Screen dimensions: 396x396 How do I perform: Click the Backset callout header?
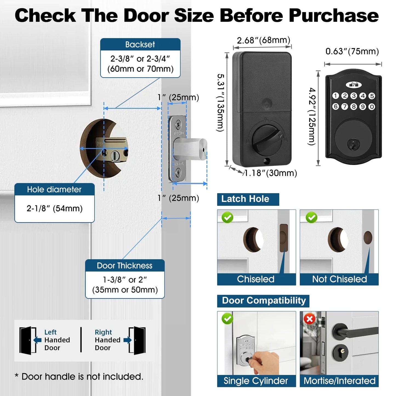click(140, 44)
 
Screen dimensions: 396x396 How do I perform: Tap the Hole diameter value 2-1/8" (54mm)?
click(55, 209)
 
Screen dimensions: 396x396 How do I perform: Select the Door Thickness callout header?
click(125, 266)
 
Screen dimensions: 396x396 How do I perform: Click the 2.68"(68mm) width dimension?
click(263, 40)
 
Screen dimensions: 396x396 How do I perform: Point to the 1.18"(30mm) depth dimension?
click(270, 173)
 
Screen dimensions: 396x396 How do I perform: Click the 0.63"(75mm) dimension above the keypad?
click(352, 52)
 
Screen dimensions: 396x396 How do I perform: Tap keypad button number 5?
click(372, 96)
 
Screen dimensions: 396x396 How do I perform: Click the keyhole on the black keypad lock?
click(354, 144)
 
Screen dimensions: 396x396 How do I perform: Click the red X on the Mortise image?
click(310, 319)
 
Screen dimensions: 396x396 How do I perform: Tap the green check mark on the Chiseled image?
click(227, 218)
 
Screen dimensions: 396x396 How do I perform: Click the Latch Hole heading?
click(245, 199)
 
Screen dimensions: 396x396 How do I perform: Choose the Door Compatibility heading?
click(264, 301)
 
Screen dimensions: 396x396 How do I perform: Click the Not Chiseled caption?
click(339, 279)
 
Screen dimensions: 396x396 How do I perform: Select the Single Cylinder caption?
click(256, 381)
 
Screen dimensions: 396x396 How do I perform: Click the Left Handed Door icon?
click(28, 340)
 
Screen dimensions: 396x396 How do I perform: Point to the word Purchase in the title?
click(334, 16)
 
